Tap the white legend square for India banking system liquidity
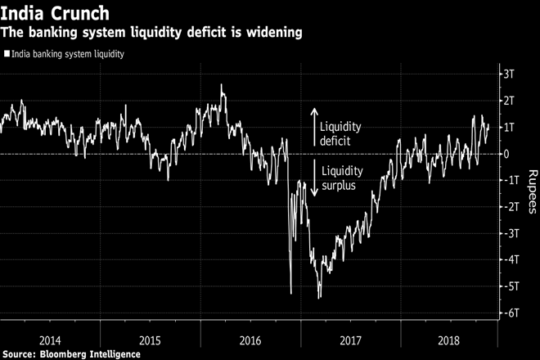pos(7,54)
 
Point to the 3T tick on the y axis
pos(512,74)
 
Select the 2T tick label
pos(512,101)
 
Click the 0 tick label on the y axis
pos(509,154)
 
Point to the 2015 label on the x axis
pos(150,337)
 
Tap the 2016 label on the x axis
pos(250,337)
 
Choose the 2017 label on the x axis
pos(350,337)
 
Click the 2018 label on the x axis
pos(450,337)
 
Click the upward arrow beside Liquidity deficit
pos(314,127)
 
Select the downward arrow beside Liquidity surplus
pos(314,178)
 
